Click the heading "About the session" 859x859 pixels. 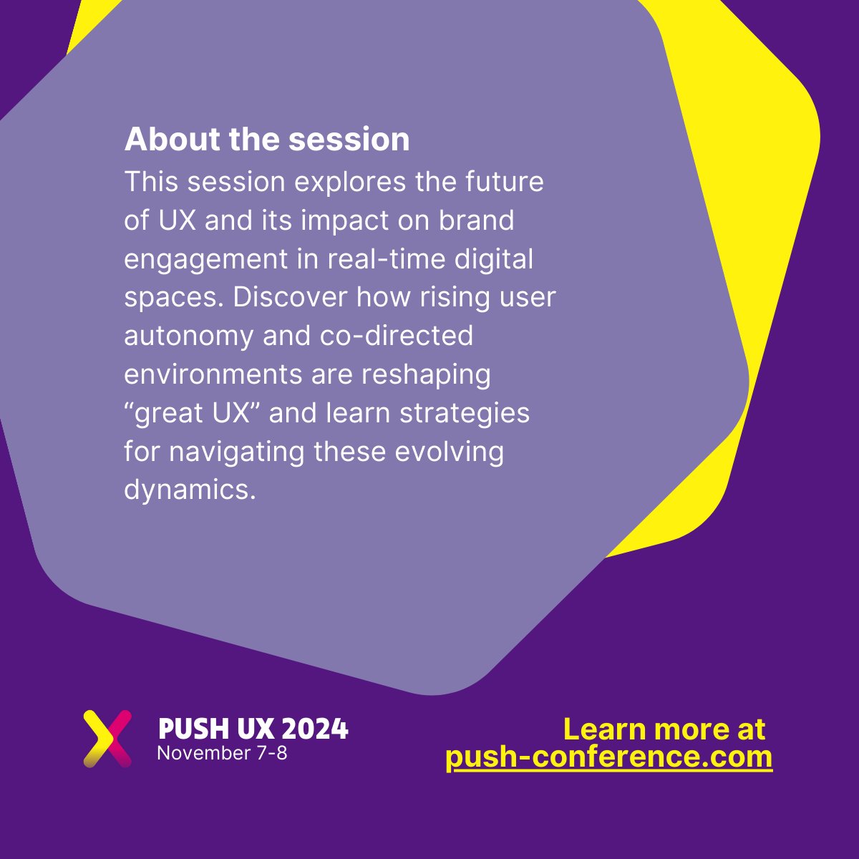point(267,140)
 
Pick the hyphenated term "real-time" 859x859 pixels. point(387,259)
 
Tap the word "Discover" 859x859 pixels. point(289,297)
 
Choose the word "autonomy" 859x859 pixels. point(188,336)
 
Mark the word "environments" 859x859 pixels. point(213,374)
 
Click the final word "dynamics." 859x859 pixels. point(190,490)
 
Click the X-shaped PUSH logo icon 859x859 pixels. point(107,738)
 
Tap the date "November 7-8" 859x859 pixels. point(222,753)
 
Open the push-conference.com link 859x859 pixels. point(608,757)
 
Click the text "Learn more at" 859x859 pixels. point(664,729)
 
